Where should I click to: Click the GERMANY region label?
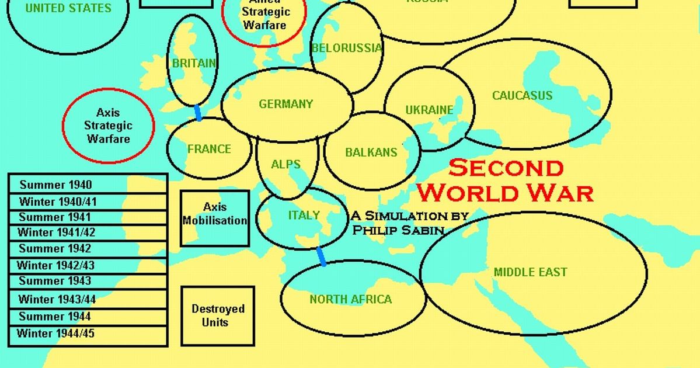(286, 104)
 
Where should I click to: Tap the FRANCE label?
(209, 149)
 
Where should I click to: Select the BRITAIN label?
(194, 63)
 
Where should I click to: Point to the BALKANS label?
(371, 152)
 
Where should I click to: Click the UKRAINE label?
(429, 110)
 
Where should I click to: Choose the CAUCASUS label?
(522, 95)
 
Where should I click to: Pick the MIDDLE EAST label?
(530, 272)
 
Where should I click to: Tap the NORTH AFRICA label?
(350, 299)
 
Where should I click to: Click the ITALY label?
(304, 215)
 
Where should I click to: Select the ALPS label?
(285, 164)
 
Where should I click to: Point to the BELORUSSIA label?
(346, 48)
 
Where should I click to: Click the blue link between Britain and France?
(198, 113)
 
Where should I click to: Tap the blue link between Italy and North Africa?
(321, 256)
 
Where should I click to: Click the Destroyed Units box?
(218, 315)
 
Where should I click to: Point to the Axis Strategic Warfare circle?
(109, 126)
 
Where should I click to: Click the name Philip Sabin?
(398, 230)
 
